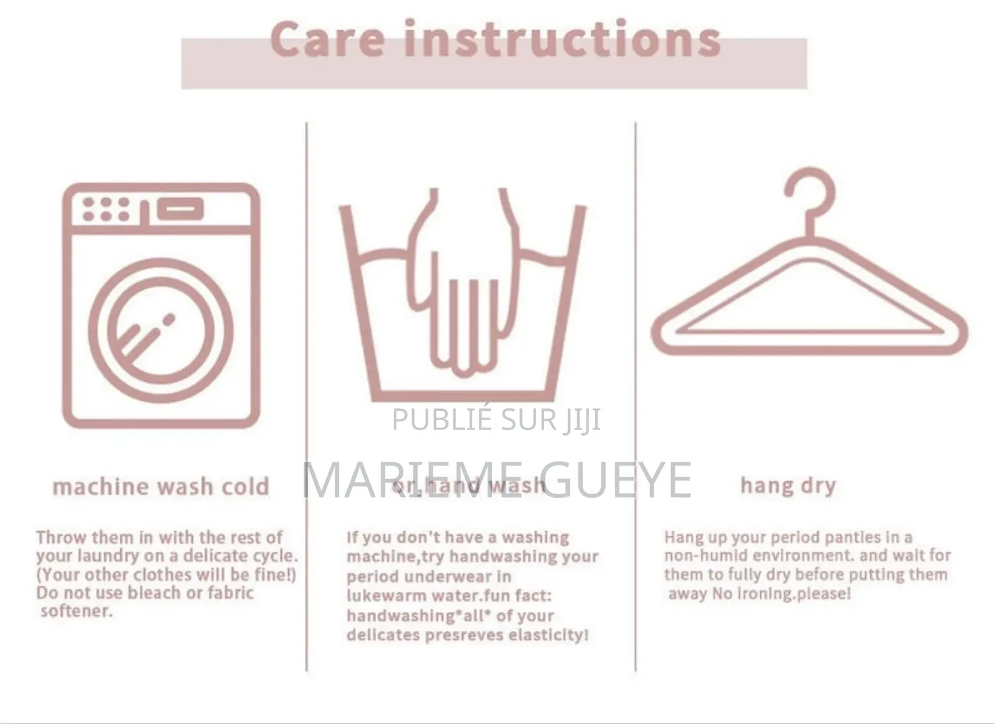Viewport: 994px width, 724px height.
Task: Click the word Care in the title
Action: (328, 40)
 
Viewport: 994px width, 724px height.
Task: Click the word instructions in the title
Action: (563, 40)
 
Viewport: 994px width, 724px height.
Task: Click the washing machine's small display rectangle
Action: (180, 209)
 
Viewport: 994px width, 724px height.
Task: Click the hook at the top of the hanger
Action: (810, 193)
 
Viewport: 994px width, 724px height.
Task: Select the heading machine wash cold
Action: (161, 487)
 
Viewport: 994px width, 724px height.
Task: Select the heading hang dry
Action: (788, 485)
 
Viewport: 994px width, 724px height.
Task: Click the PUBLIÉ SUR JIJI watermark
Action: (496, 419)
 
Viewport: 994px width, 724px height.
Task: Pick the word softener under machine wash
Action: (76, 612)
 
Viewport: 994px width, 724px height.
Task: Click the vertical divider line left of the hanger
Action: (636, 398)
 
